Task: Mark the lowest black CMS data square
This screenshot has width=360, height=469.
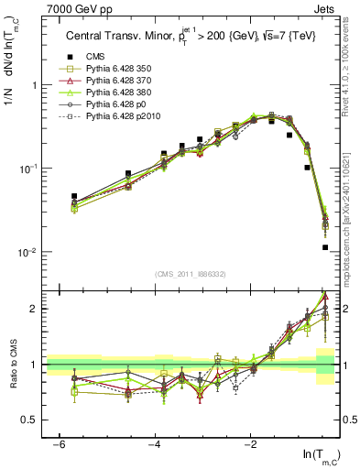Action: coord(325,247)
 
